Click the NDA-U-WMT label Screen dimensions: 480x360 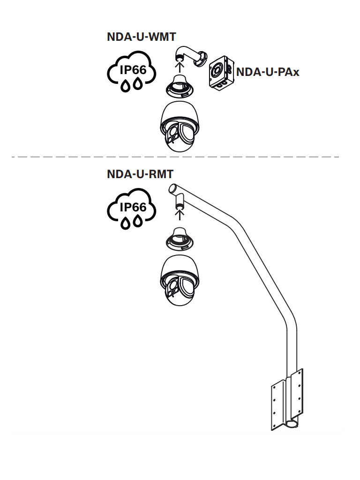(x=141, y=37)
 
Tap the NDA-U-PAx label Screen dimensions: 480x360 (x=268, y=72)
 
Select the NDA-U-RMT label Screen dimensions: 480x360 (x=140, y=174)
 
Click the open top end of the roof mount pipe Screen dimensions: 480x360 (x=172, y=189)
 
